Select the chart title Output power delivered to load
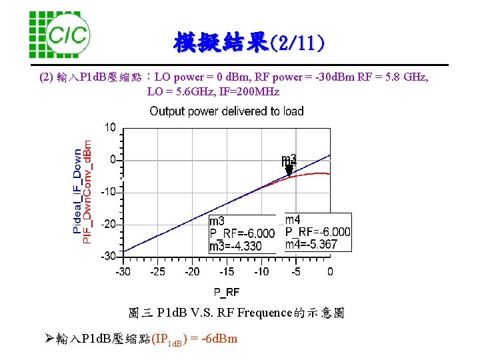[226, 111]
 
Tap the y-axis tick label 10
[110, 127]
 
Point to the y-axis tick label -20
[108, 224]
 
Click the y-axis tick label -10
[108, 192]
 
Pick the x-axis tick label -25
[157, 271]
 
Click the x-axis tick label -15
[227, 271]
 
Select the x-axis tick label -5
[295, 271]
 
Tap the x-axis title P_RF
[227, 292]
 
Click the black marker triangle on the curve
[289, 170]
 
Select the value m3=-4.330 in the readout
[235, 247]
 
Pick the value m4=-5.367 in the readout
[311, 244]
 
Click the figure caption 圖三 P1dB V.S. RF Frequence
[236, 313]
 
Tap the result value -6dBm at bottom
[219, 339]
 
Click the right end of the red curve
[329, 174]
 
